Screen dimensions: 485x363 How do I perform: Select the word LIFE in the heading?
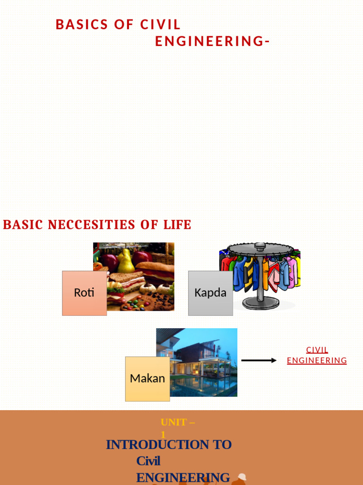(x=177, y=225)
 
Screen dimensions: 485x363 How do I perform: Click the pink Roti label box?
(x=84, y=293)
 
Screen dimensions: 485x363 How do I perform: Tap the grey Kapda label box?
(x=210, y=293)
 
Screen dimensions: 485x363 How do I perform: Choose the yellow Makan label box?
(x=147, y=378)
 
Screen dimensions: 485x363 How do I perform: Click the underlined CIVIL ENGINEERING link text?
(x=317, y=355)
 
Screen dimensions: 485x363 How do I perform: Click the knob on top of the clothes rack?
(x=260, y=246)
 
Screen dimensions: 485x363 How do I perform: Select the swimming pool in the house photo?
(x=203, y=386)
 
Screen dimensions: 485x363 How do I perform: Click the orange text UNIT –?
(x=178, y=422)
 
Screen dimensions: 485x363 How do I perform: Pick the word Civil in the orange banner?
(x=148, y=461)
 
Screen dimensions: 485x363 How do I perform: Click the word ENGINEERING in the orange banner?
(x=183, y=477)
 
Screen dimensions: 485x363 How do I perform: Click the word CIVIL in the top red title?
(x=160, y=25)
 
